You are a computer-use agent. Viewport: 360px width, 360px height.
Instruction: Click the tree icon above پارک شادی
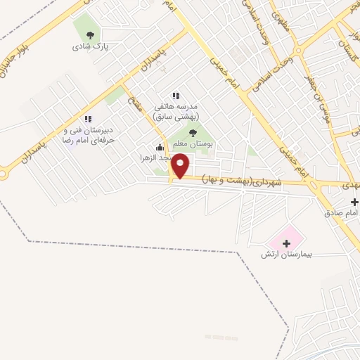[x=89, y=34]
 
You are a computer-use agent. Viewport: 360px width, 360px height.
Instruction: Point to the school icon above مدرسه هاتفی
[x=176, y=96]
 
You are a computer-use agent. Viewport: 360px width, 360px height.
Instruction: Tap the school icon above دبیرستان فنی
[x=88, y=120]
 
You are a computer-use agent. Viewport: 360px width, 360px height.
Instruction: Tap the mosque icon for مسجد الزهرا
[x=160, y=148]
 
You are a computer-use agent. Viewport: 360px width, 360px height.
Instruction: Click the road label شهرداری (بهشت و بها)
[x=242, y=180]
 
